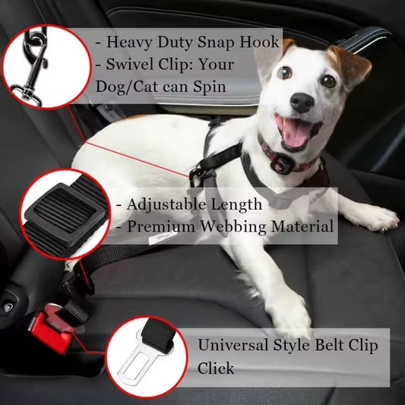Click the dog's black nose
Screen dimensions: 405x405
[301, 103]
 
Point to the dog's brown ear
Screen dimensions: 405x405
[348, 64]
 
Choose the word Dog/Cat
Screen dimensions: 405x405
[132, 87]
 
